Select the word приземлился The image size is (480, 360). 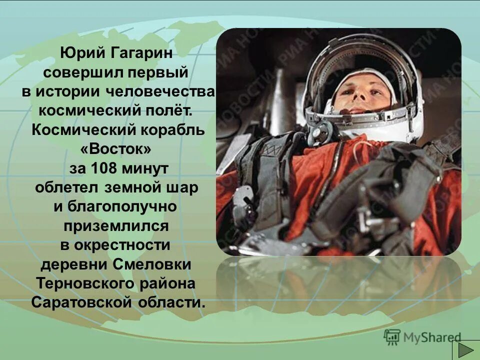pyautogui.click(x=115, y=226)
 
